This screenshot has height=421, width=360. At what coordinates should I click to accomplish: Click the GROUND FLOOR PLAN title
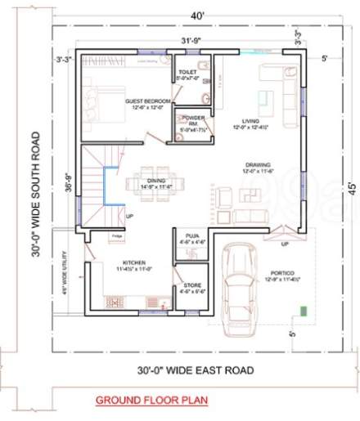(151, 401)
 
